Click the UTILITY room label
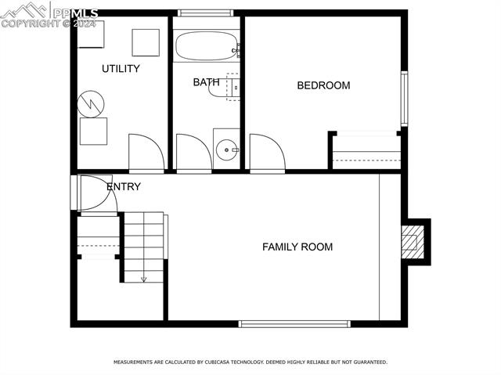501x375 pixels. (121, 69)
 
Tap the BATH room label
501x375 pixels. (207, 81)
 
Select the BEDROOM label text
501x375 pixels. (323, 85)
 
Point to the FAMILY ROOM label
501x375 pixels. (297, 247)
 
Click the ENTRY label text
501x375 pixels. (124, 186)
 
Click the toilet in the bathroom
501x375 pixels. (222, 87)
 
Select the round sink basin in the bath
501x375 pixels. (226, 148)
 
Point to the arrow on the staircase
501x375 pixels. (144, 276)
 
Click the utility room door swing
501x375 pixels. (146, 153)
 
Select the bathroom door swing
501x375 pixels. (193, 153)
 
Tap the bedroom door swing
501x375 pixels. (267, 153)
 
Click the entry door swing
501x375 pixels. (97, 193)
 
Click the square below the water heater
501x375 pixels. (93, 132)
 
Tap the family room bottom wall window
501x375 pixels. (294, 323)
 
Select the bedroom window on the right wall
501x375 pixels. (404, 99)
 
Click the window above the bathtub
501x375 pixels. (206, 13)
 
